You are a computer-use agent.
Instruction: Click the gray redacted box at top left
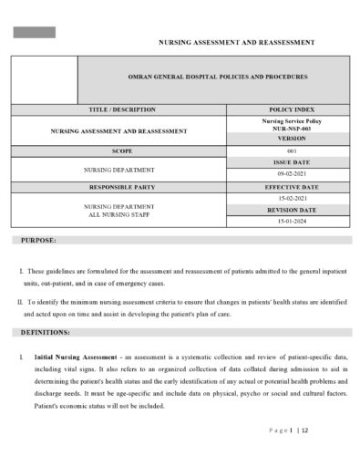(34, 32)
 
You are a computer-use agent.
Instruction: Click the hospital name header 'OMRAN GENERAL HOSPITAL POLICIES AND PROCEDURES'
(212, 78)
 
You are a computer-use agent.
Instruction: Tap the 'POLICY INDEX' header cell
(286, 109)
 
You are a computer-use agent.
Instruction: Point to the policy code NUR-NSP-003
(286, 129)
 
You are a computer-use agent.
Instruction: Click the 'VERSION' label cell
(286, 139)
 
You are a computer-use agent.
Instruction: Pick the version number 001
(286, 150)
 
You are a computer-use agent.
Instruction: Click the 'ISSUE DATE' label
(286, 161)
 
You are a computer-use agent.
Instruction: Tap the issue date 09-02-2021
(286, 173)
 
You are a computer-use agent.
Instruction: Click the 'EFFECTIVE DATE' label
(286, 187)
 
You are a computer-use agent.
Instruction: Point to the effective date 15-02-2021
(286, 198)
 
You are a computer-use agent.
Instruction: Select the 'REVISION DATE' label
(286, 210)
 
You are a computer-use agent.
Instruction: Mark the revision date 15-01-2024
(286, 221)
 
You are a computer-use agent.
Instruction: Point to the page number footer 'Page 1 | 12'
(289, 430)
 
